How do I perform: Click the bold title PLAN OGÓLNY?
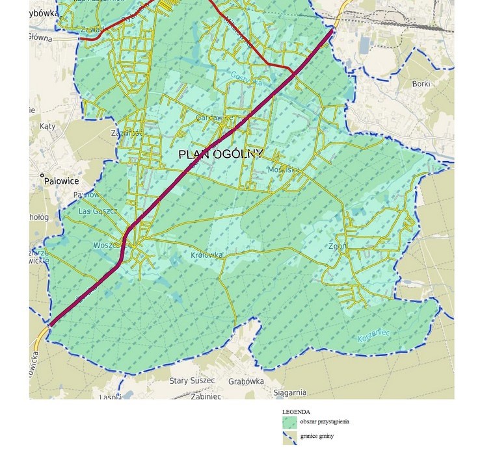click(220, 154)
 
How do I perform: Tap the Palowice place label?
click(62, 181)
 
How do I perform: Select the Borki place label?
click(421, 84)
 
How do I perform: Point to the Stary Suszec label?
click(192, 381)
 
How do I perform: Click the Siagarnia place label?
click(289, 392)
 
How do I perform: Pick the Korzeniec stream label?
click(374, 336)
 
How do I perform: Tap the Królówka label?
click(207, 255)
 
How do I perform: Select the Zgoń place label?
click(338, 247)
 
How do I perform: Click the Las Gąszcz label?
click(98, 211)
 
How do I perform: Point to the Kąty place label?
click(47, 127)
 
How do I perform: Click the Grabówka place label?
click(245, 381)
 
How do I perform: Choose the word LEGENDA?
click(296, 412)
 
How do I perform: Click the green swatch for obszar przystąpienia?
click(289, 422)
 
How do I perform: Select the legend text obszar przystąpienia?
click(325, 422)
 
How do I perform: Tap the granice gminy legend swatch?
click(289, 437)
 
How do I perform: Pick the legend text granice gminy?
click(317, 436)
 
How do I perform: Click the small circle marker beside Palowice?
click(42, 175)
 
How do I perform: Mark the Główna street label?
click(40, 37)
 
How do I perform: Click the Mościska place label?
click(284, 170)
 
